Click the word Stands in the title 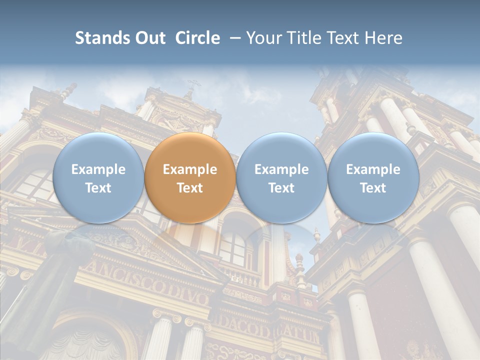(x=102, y=38)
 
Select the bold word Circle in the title (x=197, y=38)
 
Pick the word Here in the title (x=384, y=38)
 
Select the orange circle (x=190, y=177)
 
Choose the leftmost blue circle (x=98, y=177)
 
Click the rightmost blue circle (x=373, y=177)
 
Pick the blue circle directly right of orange (x=281, y=177)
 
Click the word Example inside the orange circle (x=190, y=169)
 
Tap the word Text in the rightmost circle (x=373, y=188)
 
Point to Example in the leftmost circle (x=98, y=169)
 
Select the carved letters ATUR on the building (x=300, y=334)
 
